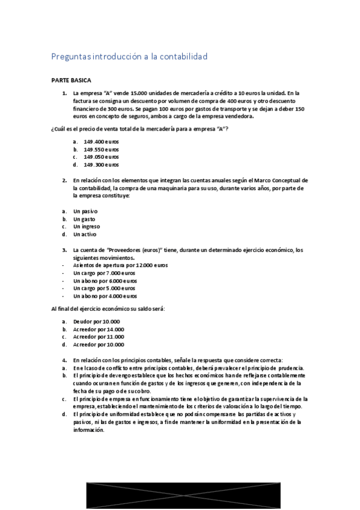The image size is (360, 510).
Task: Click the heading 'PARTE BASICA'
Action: tap(72, 80)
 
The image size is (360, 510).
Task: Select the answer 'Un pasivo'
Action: tap(85, 211)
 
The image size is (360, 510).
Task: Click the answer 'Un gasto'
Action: tap(85, 219)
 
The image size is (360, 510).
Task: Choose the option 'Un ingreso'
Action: tap(87, 227)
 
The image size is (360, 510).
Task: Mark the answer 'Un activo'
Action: tap(85, 235)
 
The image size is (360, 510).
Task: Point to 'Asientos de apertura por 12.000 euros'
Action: tap(120, 265)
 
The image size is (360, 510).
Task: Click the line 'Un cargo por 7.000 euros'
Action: tap(105, 273)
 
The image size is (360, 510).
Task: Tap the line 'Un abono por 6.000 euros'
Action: tap(105, 281)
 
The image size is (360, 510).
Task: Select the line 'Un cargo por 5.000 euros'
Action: tap(105, 289)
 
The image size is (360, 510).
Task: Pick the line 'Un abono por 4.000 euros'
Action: tap(105, 296)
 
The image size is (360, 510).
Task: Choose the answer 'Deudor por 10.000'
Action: tap(96, 322)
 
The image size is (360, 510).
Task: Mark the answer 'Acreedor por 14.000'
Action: tap(99, 330)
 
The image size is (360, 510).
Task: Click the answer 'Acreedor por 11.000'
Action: tap(99, 337)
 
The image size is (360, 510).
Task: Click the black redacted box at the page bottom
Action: tap(180, 496)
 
